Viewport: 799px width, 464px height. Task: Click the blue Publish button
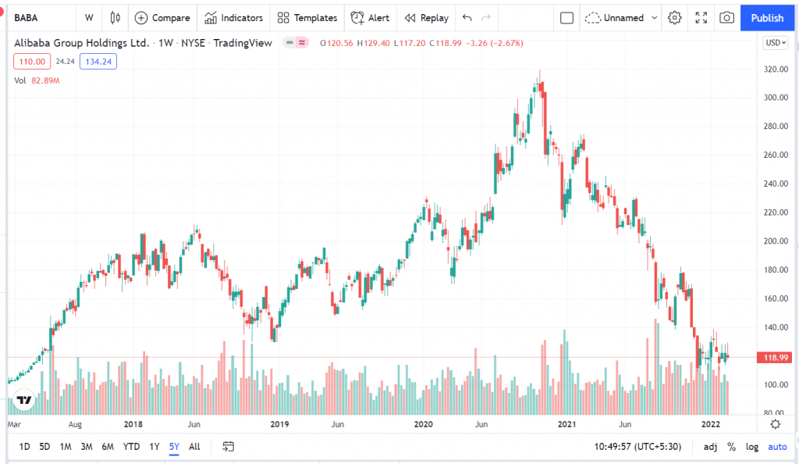click(x=767, y=17)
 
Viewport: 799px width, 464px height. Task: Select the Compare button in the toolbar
click(x=162, y=17)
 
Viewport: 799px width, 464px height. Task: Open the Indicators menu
click(x=234, y=17)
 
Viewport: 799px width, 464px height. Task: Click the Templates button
click(x=307, y=17)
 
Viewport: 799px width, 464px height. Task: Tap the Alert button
click(x=370, y=17)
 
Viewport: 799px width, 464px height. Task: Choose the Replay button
click(x=427, y=17)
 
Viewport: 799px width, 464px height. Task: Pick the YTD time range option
click(x=131, y=447)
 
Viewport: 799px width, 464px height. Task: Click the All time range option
click(x=194, y=447)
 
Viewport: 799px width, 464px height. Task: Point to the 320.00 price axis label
click(x=774, y=69)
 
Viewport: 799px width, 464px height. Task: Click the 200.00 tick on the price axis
click(x=774, y=241)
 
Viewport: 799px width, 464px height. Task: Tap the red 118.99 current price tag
click(x=774, y=358)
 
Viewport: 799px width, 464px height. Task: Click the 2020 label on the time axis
click(x=423, y=424)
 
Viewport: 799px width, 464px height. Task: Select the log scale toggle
click(x=751, y=447)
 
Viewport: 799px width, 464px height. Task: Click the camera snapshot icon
click(x=726, y=17)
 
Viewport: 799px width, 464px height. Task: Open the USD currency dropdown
click(x=775, y=43)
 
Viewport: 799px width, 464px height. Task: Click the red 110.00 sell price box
click(x=31, y=61)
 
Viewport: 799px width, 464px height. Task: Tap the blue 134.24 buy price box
click(x=98, y=61)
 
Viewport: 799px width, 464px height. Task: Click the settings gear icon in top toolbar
click(x=675, y=17)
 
